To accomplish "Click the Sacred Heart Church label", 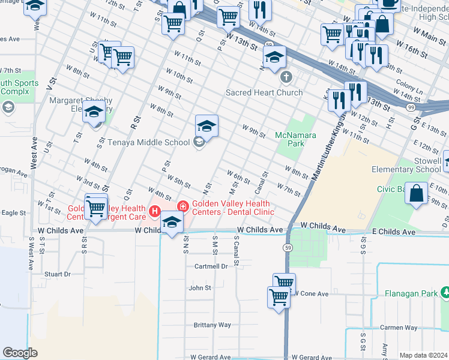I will [x=264, y=92].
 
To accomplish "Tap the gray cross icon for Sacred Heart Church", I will [x=286, y=77].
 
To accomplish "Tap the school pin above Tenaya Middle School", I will [x=206, y=125].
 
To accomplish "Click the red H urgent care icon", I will [x=155, y=211].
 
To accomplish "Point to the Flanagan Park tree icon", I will [x=444, y=293].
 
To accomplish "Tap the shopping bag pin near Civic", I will [x=416, y=194].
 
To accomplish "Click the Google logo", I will [x=20, y=353].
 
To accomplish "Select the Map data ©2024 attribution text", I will [x=423, y=355].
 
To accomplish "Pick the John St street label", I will [x=200, y=288].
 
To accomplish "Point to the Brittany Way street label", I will [x=212, y=325].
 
